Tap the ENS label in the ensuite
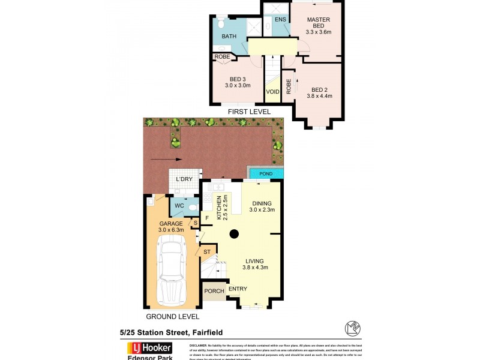click(x=280, y=20)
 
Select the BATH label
click(x=229, y=37)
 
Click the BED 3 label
click(x=238, y=79)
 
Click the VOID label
click(x=272, y=92)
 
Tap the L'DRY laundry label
click(x=184, y=179)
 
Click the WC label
click(x=179, y=206)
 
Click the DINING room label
click(x=262, y=203)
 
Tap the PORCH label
click(x=214, y=291)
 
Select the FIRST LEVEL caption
click(x=248, y=112)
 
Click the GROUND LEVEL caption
click(x=173, y=316)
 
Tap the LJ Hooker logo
click(x=149, y=347)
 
